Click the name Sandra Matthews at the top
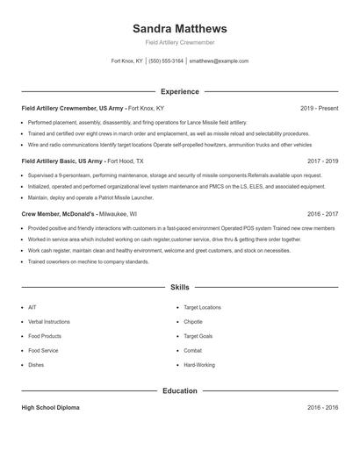[179, 28]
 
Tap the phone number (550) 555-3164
[166, 61]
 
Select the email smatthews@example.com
[219, 61]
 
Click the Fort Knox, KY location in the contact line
[127, 61]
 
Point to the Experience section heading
[179, 91]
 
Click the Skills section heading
[179, 287]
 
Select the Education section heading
[179, 390]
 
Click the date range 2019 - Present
[319, 108]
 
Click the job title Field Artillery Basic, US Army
[64, 161]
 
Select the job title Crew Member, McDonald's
[58, 213]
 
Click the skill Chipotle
[194, 322]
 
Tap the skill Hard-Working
[198, 364]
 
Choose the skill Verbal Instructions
[49, 322]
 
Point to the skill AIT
[32, 308]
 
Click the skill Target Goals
[198, 336]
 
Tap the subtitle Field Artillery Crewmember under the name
[179, 42]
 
